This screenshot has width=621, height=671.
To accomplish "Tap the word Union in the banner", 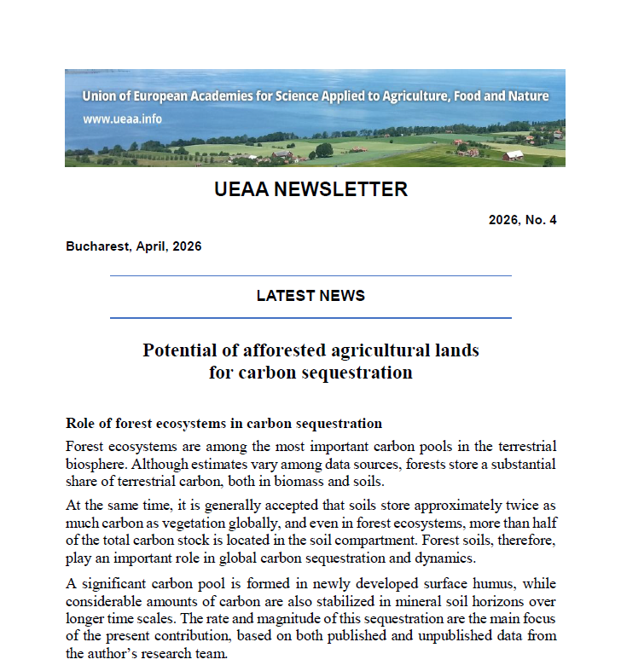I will tap(99, 96).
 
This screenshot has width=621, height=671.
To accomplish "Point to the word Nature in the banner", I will tap(529, 96).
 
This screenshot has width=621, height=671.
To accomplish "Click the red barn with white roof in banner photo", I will tap(514, 155).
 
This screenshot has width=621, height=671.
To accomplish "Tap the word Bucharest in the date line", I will tap(95, 246).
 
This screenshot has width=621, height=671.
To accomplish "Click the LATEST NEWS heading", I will tap(310, 296).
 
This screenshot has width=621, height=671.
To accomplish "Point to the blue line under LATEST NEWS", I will tap(310, 318).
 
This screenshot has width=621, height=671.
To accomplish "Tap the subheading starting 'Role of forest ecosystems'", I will tap(223, 424).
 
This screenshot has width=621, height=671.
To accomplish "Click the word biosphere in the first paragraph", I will tap(96, 464).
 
